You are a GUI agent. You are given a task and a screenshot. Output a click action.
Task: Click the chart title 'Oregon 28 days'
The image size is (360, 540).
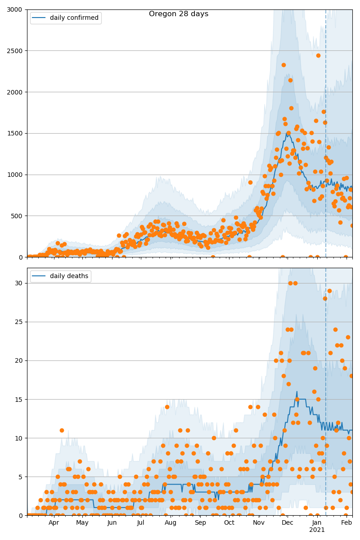(179, 14)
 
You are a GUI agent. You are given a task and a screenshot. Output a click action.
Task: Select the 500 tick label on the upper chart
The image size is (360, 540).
(17, 216)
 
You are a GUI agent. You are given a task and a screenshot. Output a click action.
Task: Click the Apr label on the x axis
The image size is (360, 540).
(54, 522)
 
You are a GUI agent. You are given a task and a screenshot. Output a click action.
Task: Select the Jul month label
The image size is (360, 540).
(141, 522)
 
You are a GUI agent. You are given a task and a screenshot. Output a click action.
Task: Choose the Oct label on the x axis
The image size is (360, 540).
(229, 522)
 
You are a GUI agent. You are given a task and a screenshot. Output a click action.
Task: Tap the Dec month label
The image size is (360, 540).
(288, 522)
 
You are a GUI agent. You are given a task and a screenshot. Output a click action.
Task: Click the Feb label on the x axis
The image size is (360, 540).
(346, 522)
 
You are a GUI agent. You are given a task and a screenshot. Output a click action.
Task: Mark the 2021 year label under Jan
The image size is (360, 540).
(317, 530)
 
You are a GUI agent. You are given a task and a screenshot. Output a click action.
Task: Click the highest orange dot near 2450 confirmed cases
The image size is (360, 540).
(318, 55)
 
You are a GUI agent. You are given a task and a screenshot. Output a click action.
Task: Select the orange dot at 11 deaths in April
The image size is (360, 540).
(62, 430)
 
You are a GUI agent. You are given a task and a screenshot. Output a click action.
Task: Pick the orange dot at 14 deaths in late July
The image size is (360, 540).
(167, 407)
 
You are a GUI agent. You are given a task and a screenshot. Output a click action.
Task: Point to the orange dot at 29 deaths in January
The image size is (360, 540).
(329, 291)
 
